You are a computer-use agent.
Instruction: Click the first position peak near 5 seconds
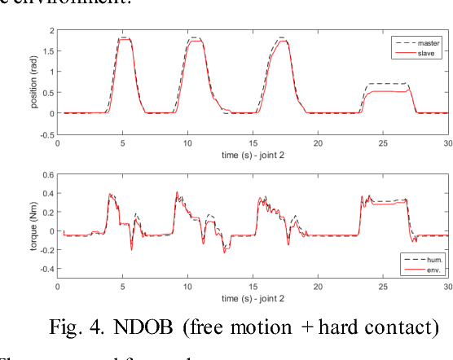coord(123,40)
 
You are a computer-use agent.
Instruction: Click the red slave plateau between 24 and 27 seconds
coord(383,92)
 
